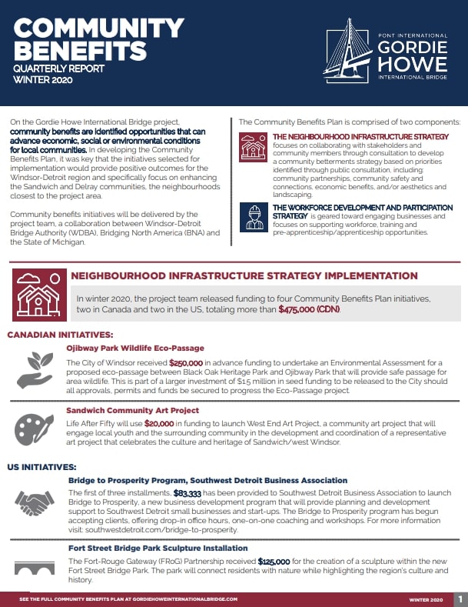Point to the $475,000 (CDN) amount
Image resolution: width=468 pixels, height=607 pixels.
(309, 309)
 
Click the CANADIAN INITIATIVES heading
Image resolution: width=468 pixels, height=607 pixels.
(60, 335)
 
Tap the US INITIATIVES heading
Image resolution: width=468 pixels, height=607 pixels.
(43, 467)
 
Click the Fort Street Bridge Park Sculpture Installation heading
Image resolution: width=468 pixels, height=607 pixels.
(169, 548)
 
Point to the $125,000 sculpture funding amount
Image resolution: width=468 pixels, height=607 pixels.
(273, 561)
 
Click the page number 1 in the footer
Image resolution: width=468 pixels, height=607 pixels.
(460, 599)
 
